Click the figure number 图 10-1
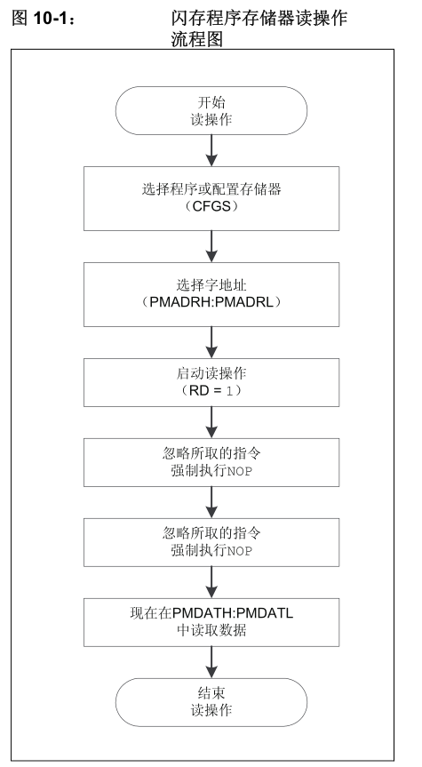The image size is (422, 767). [x=43, y=19]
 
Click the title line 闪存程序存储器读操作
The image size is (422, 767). [x=259, y=18]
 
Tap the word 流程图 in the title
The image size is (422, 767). [x=197, y=38]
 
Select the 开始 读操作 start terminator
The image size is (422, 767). [x=211, y=110]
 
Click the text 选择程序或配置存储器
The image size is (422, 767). [x=211, y=188]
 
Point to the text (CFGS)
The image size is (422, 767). [x=211, y=206]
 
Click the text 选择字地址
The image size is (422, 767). [x=211, y=284]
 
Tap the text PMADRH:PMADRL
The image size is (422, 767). [x=211, y=302]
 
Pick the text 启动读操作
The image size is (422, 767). [x=211, y=373]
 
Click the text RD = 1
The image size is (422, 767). [x=211, y=391]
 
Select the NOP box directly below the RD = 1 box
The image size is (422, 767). [x=211, y=462]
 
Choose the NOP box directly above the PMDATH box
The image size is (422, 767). [x=211, y=542]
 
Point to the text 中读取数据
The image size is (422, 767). [x=211, y=630]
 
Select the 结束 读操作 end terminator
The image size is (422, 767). [x=211, y=702]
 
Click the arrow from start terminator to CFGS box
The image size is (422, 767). [x=211, y=151]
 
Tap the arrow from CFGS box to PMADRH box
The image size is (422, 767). [x=211, y=246]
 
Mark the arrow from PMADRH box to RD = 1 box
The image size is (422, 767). [x=211, y=342]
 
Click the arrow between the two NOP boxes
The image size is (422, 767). [x=211, y=502]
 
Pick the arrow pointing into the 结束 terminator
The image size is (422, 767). [x=211, y=662]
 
